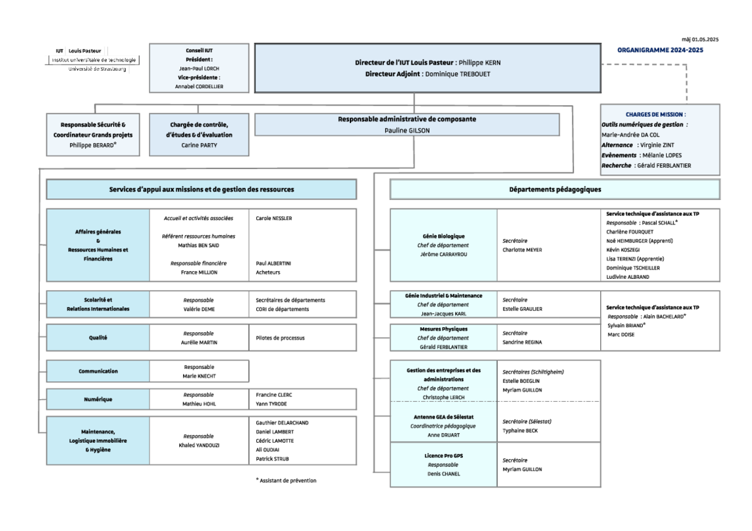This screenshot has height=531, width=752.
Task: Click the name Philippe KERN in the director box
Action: [x=479, y=63]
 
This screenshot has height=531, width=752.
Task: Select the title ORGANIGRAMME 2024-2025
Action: [x=660, y=50]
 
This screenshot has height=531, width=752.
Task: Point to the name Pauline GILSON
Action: [x=407, y=131]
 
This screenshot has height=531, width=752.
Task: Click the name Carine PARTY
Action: [x=199, y=145]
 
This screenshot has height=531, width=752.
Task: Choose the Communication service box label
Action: [x=98, y=371]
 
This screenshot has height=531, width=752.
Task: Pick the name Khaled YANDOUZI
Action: [x=199, y=445]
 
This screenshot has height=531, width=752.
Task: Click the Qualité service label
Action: [x=98, y=338]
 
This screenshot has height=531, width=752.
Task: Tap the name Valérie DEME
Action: [x=199, y=310]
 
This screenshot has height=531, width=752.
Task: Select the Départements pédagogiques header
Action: [x=555, y=189]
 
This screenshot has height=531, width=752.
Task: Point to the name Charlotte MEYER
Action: [x=522, y=250]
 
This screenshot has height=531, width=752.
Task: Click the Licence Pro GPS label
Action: [x=443, y=456]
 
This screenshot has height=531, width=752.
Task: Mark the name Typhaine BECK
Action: [x=521, y=431]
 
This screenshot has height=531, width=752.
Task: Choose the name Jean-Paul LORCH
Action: [x=199, y=69]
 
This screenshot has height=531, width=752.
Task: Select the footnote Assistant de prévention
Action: [x=288, y=481]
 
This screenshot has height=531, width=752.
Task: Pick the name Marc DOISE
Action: [x=621, y=334]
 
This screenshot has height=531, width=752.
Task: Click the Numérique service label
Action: [x=98, y=399]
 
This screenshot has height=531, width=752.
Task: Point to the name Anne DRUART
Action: [x=443, y=435]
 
